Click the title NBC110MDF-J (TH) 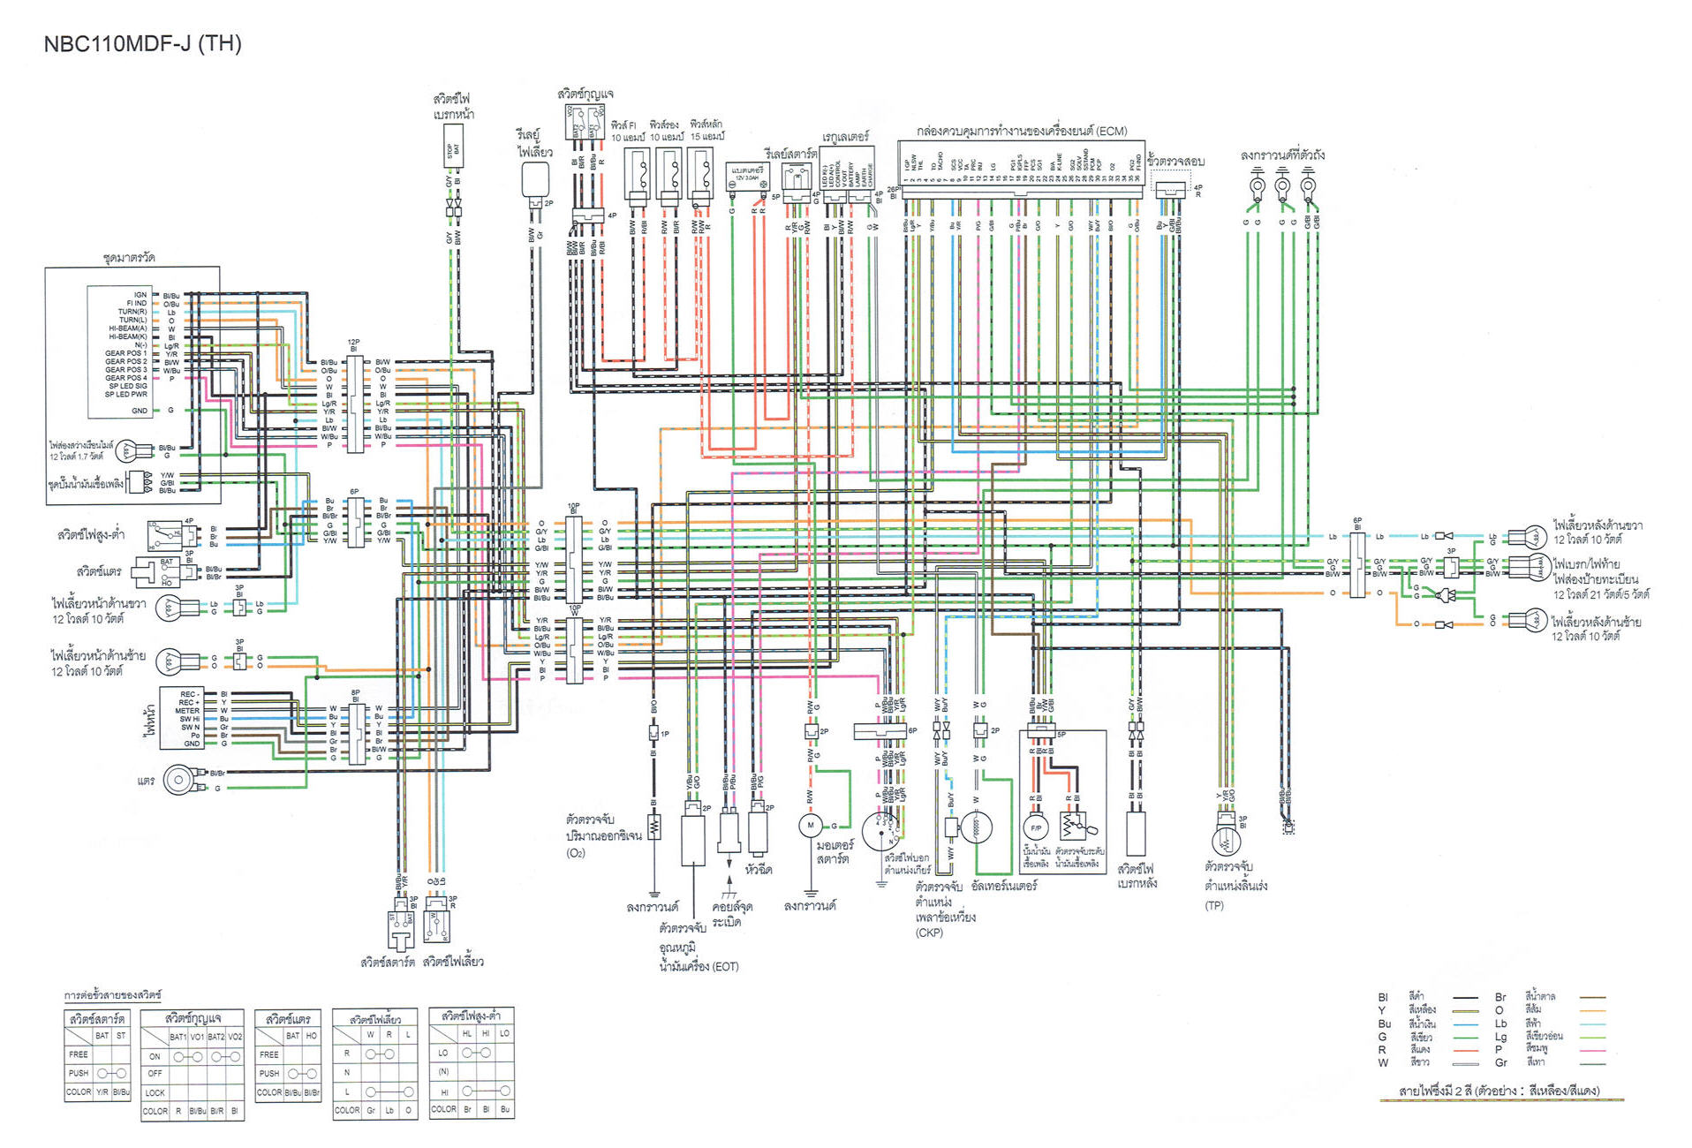pos(142,44)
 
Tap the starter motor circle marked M pos(810,826)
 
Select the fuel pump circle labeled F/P pos(1036,827)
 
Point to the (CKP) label pos(929,933)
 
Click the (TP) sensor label pos(1214,905)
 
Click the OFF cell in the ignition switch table pos(155,1074)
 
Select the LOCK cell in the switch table pos(155,1092)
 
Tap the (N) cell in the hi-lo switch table pos(443,1071)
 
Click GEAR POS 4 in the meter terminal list pos(125,378)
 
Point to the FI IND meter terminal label pos(136,303)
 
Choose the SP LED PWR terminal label pos(125,395)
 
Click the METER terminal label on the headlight pos(187,711)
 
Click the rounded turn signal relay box pos(535,180)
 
